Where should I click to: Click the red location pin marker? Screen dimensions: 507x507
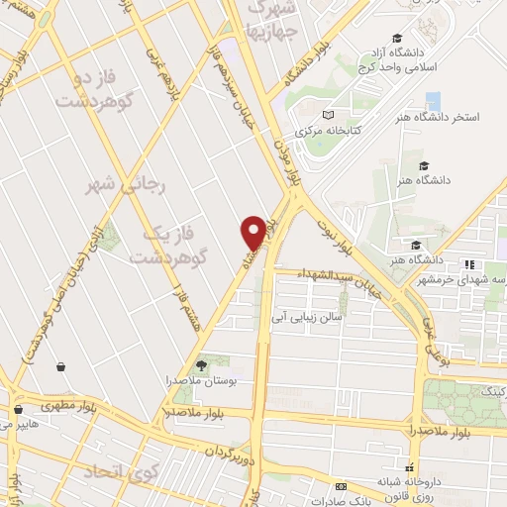[253, 231]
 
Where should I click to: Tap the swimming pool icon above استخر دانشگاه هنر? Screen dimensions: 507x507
[433, 101]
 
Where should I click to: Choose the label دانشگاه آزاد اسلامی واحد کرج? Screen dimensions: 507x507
[416, 59]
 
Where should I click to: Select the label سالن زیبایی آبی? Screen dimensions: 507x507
[308, 318]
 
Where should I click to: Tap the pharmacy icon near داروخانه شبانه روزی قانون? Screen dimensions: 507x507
[408, 467]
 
